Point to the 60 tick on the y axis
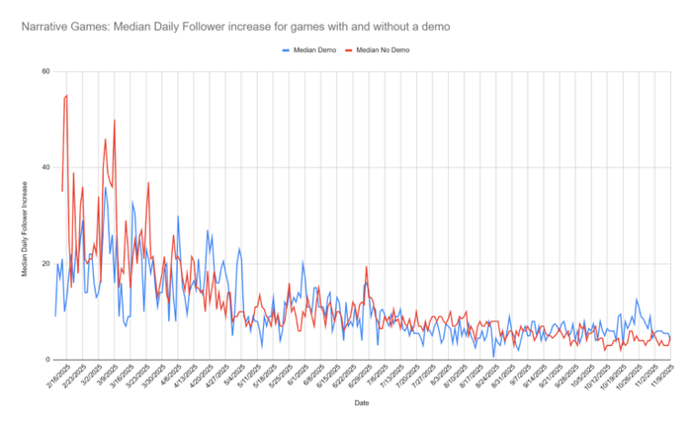point(45,71)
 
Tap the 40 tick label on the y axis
point(45,167)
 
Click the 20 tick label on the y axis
point(45,264)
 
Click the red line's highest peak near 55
point(66,96)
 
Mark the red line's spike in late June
point(367,266)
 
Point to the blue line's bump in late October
point(637,300)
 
